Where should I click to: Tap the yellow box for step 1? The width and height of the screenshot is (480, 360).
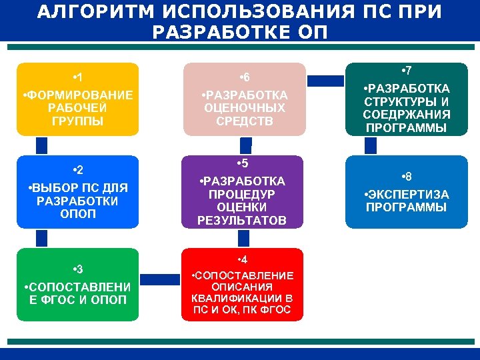pyautogui.click(x=77, y=99)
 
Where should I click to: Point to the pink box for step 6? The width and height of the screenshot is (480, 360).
pyautogui.click(x=244, y=99)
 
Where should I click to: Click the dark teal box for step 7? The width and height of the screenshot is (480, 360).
pyautogui.click(x=406, y=99)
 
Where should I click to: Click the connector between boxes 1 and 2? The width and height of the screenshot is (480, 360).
pyautogui.click(x=42, y=146)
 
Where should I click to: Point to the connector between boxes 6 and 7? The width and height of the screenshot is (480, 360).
pyautogui.click(x=325, y=81)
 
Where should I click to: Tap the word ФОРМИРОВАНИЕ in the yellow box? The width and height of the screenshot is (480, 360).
pyautogui.click(x=77, y=95)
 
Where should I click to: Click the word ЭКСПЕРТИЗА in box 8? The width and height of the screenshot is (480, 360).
pyautogui.click(x=407, y=195)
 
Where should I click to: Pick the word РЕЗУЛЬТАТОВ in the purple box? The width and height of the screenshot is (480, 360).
pyautogui.click(x=242, y=220)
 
